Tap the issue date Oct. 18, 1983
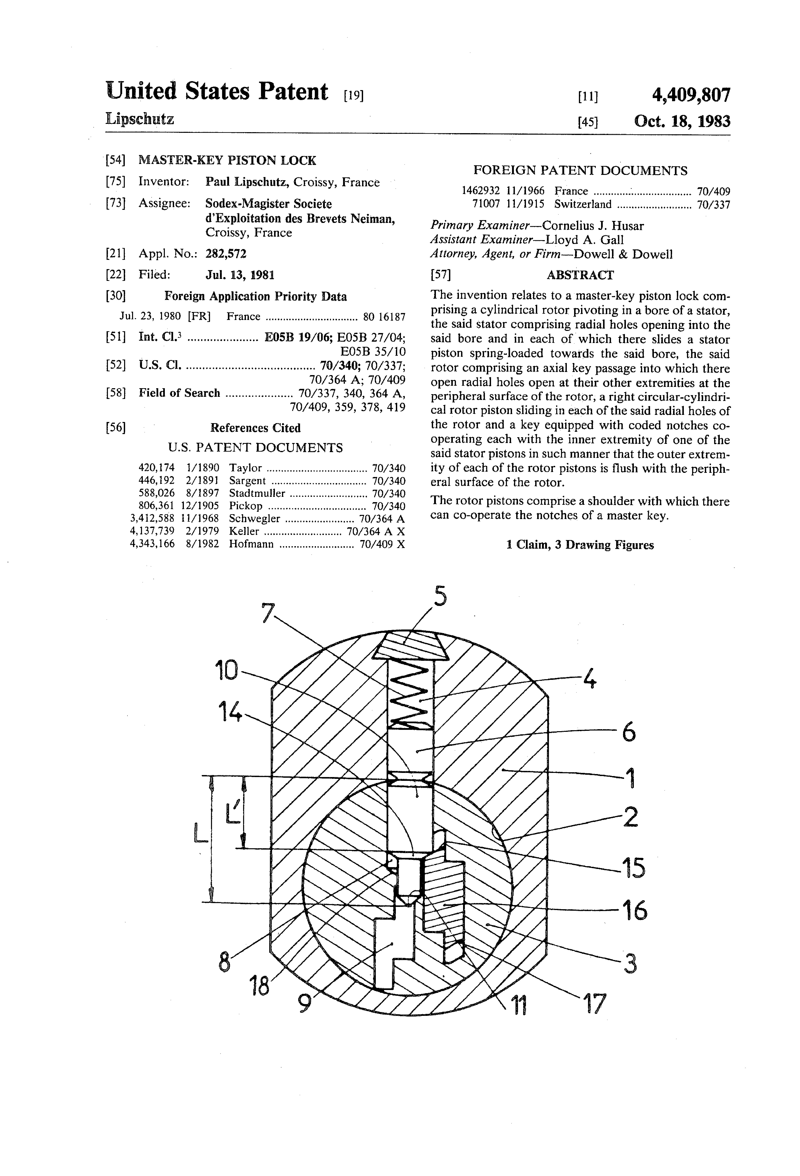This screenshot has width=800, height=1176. pos(682,121)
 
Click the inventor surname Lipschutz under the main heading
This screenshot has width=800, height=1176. pos(140,119)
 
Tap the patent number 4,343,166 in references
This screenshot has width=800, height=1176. pos(152,544)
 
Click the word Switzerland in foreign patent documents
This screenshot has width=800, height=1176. pos(583,204)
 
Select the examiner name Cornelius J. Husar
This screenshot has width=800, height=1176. pos(593,226)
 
